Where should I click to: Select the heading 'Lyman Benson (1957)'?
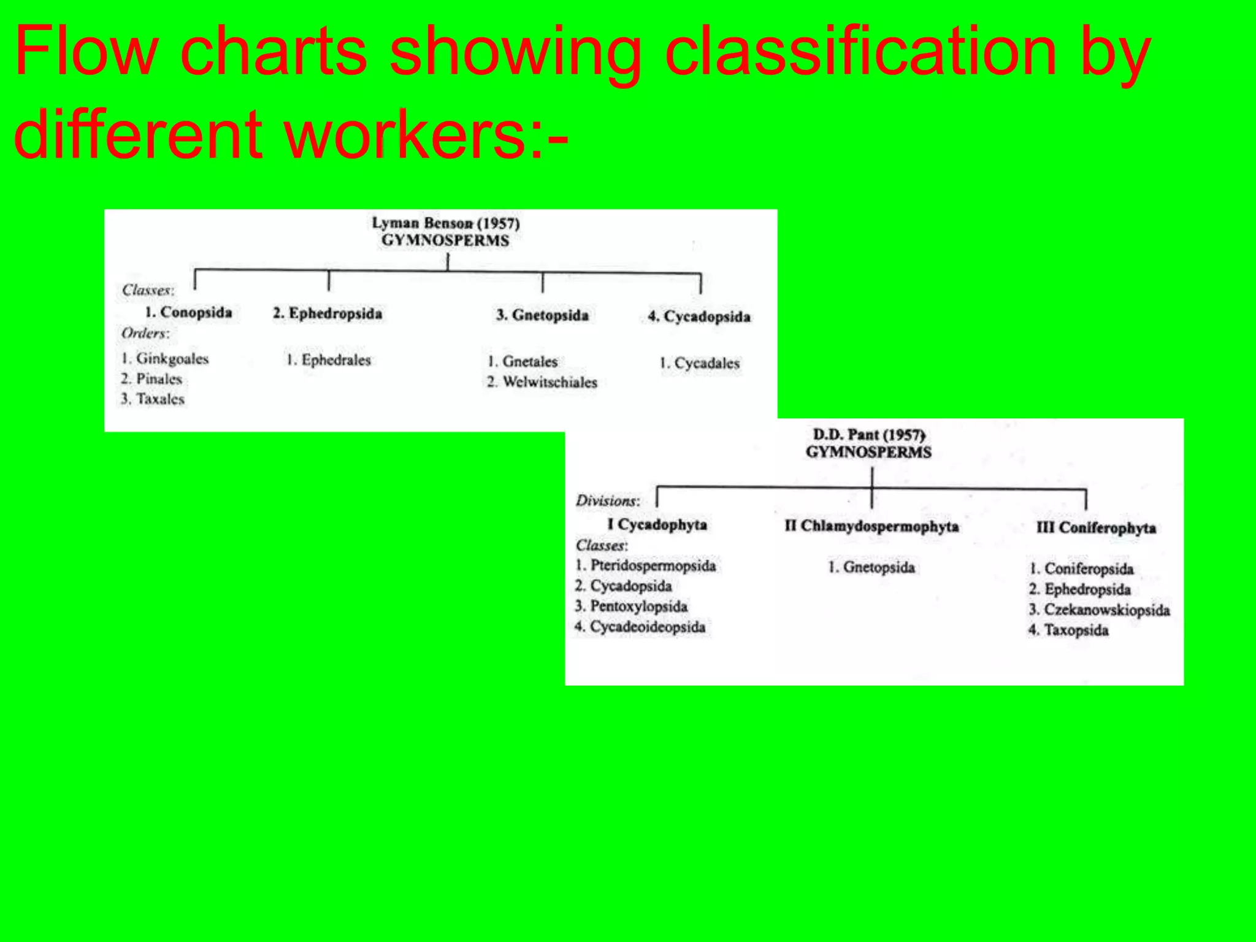(446, 223)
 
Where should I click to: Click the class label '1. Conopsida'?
(188, 312)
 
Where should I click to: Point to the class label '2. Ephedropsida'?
(327, 313)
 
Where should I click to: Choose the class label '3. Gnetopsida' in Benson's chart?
(542, 315)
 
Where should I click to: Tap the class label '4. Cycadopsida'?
(699, 317)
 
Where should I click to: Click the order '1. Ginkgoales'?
(165, 359)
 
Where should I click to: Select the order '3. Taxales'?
(153, 399)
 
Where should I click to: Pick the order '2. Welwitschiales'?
(542, 382)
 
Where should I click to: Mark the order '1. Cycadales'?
(700, 363)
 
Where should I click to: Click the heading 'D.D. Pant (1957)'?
(869, 435)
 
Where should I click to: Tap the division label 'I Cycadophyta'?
(657, 525)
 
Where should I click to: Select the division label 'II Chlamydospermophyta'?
(871, 526)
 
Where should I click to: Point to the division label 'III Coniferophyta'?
(1096, 528)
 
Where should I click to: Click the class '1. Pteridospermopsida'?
(646, 565)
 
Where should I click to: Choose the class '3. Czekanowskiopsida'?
(1100, 610)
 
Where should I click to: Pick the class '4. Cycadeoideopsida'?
(640, 627)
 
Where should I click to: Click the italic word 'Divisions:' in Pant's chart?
(608, 501)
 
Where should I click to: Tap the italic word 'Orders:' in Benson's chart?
(145, 334)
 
